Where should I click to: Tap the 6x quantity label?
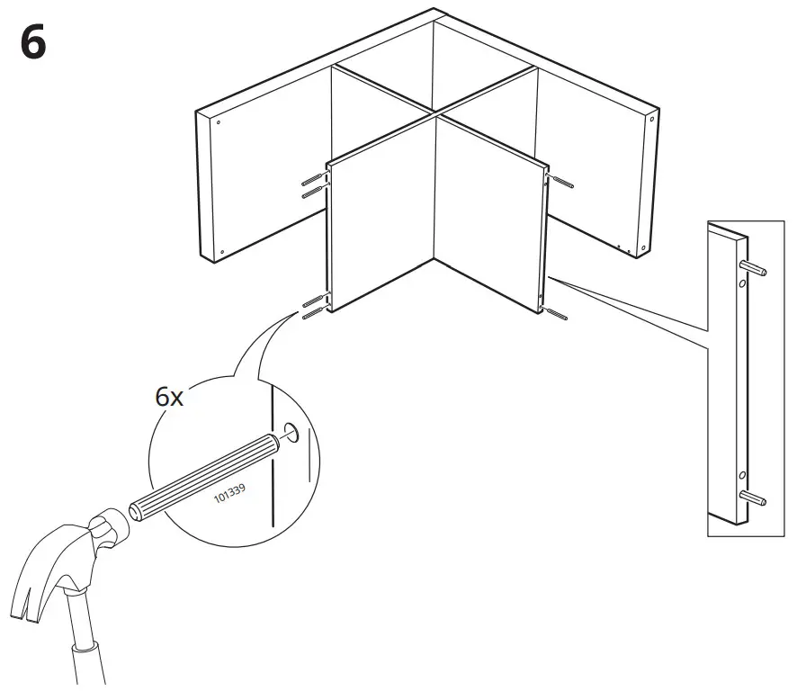(x=168, y=395)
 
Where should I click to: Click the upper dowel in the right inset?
(x=754, y=267)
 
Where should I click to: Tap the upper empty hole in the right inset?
(x=740, y=284)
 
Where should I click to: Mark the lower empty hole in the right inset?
(x=740, y=475)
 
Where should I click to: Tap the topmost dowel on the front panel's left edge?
(x=312, y=178)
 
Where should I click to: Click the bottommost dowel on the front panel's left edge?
(x=314, y=314)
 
